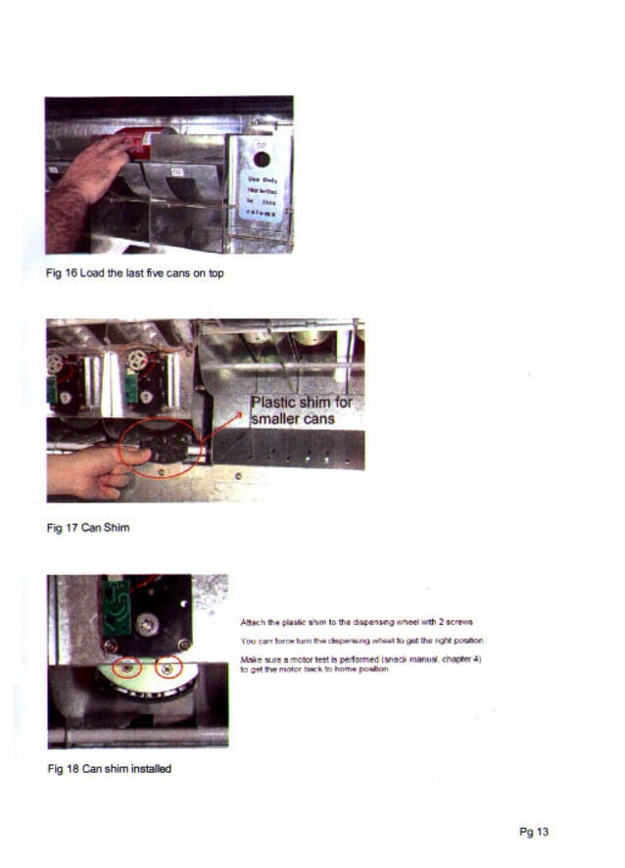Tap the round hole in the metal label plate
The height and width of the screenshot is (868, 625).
262,159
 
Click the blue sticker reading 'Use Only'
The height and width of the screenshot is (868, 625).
262,195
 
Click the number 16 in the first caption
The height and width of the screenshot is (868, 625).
71,272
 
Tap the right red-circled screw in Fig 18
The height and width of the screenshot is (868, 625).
169,669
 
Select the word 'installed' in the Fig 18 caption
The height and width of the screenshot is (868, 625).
150,769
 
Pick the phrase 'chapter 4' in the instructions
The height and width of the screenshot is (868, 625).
457,659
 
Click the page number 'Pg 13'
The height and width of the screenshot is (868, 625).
534,833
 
